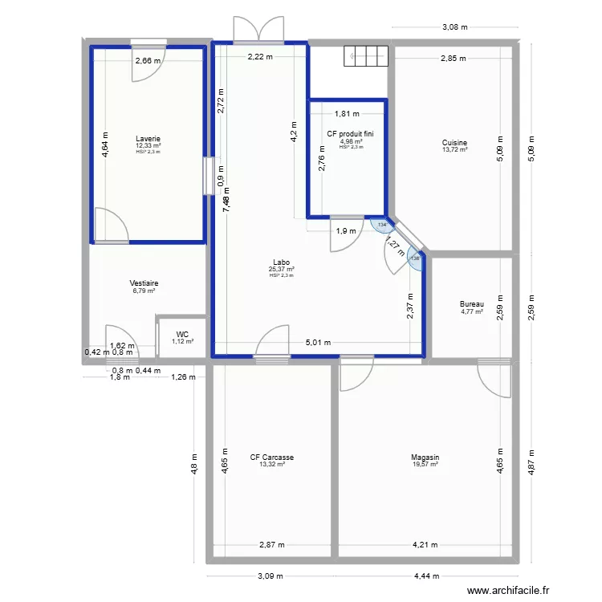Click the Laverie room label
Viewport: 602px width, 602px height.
pyautogui.click(x=148, y=138)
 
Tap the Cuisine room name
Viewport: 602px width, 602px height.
pyautogui.click(x=454, y=142)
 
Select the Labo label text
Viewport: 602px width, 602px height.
pyautogui.click(x=281, y=261)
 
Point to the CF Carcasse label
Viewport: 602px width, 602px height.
pyautogui.click(x=271, y=458)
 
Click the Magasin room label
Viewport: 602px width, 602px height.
pyautogui.click(x=425, y=458)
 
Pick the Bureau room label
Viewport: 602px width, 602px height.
pyautogui.click(x=472, y=304)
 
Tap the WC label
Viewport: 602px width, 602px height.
pyautogui.click(x=182, y=334)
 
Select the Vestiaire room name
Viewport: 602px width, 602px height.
pyautogui.click(x=144, y=283)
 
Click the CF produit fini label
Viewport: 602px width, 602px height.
pyautogui.click(x=351, y=134)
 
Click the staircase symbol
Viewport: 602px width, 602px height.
pyautogui.click(x=366, y=56)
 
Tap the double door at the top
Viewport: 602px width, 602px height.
pyautogui.click(x=258, y=30)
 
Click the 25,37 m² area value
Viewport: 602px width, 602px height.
pyautogui.click(x=281, y=269)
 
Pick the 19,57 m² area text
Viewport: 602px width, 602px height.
pyautogui.click(x=425, y=464)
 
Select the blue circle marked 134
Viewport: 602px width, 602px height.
pyautogui.click(x=383, y=226)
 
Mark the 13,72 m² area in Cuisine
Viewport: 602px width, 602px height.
pyautogui.click(x=454, y=149)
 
